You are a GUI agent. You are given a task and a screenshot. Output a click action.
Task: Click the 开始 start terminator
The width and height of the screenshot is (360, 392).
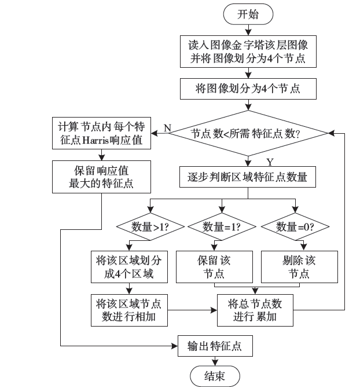pyautogui.click(x=248, y=15)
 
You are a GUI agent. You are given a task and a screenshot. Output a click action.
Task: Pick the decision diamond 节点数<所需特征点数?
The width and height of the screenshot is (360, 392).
pyautogui.click(x=248, y=133)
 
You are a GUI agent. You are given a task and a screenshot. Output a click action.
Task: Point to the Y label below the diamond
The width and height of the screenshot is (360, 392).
pyautogui.click(x=269, y=161)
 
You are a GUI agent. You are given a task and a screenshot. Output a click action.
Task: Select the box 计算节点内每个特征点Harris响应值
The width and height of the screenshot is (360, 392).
pyautogui.click(x=101, y=133)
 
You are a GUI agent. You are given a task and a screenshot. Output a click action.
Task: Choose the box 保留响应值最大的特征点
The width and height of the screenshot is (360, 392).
pyautogui.click(x=101, y=177)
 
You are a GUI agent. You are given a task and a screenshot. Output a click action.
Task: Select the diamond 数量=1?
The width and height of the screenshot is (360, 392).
pyautogui.click(x=222, y=226)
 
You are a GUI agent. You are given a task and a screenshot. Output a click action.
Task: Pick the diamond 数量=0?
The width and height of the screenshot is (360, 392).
pyautogui.click(x=295, y=226)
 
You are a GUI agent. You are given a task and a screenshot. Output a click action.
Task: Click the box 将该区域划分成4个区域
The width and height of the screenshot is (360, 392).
pyautogui.click(x=130, y=266)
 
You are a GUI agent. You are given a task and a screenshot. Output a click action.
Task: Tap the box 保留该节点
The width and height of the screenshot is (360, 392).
pyautogui.click(x=215, y=266)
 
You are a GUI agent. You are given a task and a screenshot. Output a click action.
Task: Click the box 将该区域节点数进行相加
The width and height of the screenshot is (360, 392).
pyautogui.click(x=130, y=310)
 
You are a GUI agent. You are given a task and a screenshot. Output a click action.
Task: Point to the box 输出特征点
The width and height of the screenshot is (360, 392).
pyautogui.click(x=215, y=346)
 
